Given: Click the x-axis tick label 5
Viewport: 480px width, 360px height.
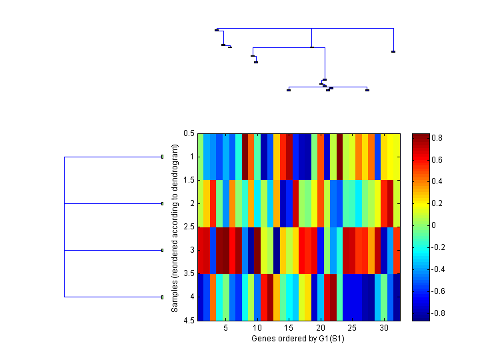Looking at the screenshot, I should tap(225, 329).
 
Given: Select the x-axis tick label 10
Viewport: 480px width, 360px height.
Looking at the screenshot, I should tap(257, 329).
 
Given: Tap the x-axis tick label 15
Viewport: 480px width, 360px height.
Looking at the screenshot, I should tap(289, 329).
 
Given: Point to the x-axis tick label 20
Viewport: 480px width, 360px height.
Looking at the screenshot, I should tap(321, 329).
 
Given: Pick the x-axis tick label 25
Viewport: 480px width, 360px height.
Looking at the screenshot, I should tap(352, 329).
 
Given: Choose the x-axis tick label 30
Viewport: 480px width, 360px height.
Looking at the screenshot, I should tap(384, 329).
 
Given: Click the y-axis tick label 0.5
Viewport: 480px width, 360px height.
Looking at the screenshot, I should tap(189, 133).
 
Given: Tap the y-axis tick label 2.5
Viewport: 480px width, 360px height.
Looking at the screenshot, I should tap(189, 227).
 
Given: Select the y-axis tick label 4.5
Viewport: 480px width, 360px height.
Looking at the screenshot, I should tap(189, 321).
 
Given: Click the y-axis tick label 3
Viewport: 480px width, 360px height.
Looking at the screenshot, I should tap(192, 251).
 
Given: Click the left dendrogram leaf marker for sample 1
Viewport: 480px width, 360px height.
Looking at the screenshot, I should tap(162, 157).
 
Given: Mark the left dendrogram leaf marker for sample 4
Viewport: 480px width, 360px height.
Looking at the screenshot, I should tap(162, 297).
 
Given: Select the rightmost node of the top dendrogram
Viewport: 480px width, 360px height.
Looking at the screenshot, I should tap(393, 51).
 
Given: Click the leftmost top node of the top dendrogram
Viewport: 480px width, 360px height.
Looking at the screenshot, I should tap(217, 30).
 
